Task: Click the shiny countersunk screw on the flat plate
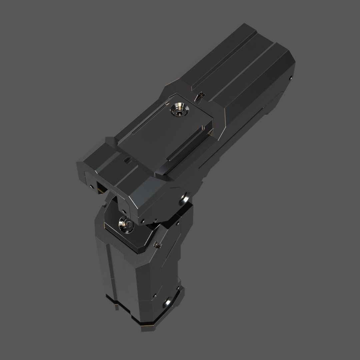(179, 109)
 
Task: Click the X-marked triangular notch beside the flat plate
(200, 96)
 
